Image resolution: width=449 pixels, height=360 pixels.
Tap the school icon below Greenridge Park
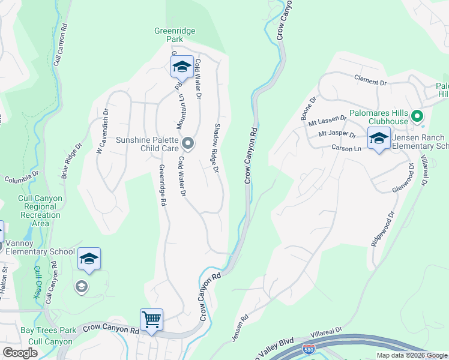point(181,67)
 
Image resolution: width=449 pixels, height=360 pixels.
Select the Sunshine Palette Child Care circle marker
point(188,143)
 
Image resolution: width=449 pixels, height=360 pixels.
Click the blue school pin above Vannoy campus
point(89,259)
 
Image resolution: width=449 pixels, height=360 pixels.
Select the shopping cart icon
point(151,319)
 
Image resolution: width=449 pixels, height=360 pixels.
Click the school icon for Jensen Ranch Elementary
point(378,139)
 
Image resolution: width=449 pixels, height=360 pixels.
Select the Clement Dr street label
point(370,82)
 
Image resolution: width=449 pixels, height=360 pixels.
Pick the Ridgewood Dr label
point(383,229)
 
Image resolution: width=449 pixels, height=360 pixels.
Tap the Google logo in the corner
point(20,353)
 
